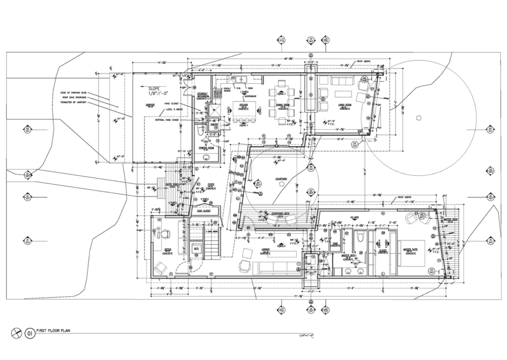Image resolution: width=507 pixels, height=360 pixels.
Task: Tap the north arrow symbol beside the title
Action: point(17,333)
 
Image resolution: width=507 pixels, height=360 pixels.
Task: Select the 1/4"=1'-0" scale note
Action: point(303,337)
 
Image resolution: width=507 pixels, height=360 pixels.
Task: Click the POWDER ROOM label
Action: point(206,147)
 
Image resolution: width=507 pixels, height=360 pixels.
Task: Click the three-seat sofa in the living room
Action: point(339,80)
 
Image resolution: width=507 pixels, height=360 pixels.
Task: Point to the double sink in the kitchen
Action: point(242,79)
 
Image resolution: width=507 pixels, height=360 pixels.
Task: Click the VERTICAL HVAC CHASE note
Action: point(166,120)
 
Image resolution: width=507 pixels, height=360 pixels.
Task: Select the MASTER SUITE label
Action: point(410,250)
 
